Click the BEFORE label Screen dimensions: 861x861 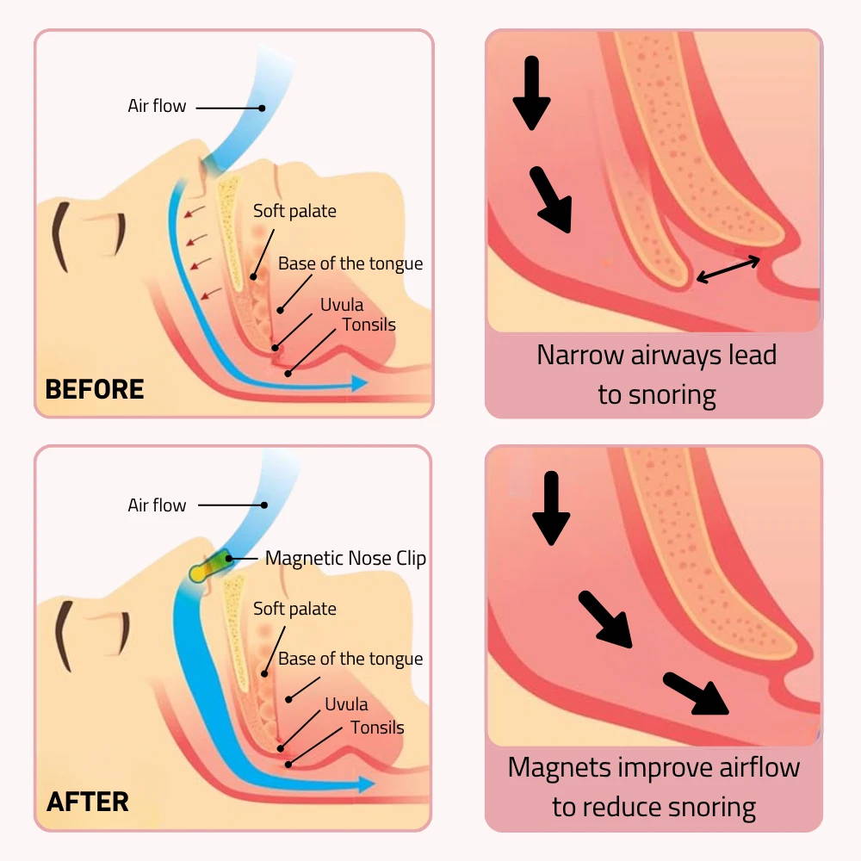(x=94, y=388)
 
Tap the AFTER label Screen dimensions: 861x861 (x=88, y=802)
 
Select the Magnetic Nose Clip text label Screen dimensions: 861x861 (x=345, y=558)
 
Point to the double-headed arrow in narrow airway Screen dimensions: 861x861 (x=728, y=269)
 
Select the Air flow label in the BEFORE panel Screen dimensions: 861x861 (x=157, y=107)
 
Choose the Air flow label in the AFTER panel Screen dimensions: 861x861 (x=157, y=505)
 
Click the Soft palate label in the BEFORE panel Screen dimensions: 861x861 (x=294, y=211)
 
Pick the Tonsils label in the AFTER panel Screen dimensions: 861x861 (x=377, y=728)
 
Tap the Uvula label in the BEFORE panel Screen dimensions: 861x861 (x=342, y=305)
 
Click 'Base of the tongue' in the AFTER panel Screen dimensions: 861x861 (x=350, y=660)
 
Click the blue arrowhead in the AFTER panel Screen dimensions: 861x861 (x=365, y=784)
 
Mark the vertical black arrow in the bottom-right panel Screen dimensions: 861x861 (x=551, y=508)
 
